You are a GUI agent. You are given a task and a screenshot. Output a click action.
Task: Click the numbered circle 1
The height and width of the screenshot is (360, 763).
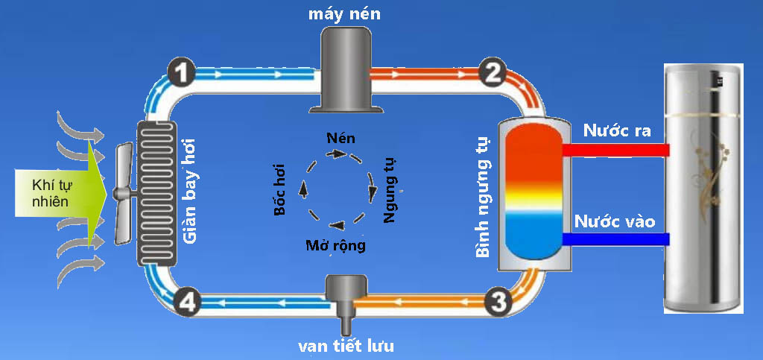tap(182, 73)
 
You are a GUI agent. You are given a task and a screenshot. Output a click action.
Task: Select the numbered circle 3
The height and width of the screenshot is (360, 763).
tap(498, 301)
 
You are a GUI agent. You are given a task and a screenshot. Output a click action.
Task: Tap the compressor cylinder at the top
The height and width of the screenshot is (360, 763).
tap(346, 67)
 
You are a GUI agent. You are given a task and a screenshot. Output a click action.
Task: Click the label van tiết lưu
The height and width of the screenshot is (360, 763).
tap(346, 346)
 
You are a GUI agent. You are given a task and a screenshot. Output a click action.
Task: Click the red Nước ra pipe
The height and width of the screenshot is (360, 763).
tap(615, 150)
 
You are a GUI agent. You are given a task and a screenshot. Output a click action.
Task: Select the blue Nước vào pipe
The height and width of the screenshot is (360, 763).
tap(615, 239)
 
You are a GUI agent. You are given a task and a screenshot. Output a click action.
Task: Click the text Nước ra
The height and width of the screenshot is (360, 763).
tap(617, 132)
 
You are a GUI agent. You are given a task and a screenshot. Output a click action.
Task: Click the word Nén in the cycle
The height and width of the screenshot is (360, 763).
tap(341, 138)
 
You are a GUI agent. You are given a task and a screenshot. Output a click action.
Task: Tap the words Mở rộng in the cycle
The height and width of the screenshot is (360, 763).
tap(335, 246)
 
